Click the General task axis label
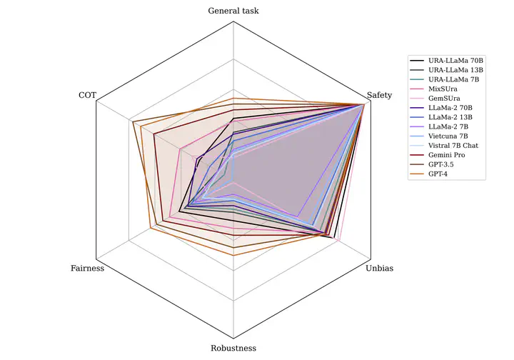click(x=233, y=11)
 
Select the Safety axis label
click(x=383, y=96)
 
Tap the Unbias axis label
click(x=378, y=269)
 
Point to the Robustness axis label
click(x=233, y=349)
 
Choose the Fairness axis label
click(x=88, y=269)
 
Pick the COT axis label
click(x=87, y=96)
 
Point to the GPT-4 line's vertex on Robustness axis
click(x=233, y=255)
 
